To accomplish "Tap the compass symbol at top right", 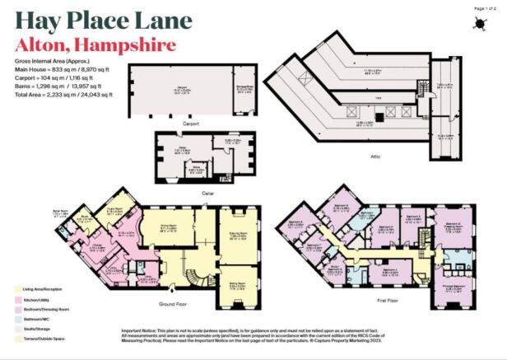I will [x=476, y=23].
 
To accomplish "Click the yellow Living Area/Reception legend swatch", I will [x=19, y=289].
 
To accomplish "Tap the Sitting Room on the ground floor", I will [x=238, y=287].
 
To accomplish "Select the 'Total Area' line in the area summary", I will [x=63, y=94].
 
